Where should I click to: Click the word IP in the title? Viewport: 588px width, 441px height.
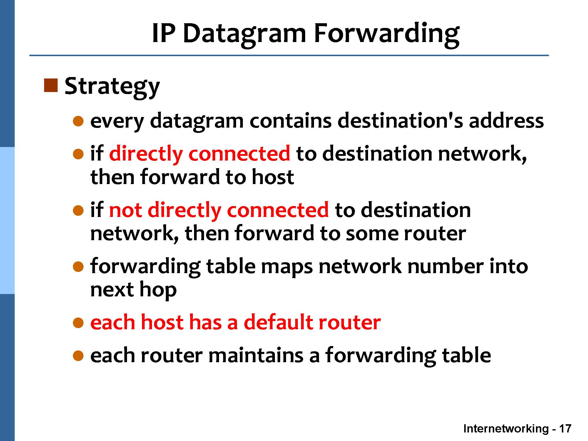[164, 33]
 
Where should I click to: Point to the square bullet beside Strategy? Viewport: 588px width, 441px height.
[51, 86]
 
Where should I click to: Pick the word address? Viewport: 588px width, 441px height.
[506, 121]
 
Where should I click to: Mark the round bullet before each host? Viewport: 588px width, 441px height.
[78, 323]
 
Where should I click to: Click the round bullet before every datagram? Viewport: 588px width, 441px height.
[78, 121]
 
